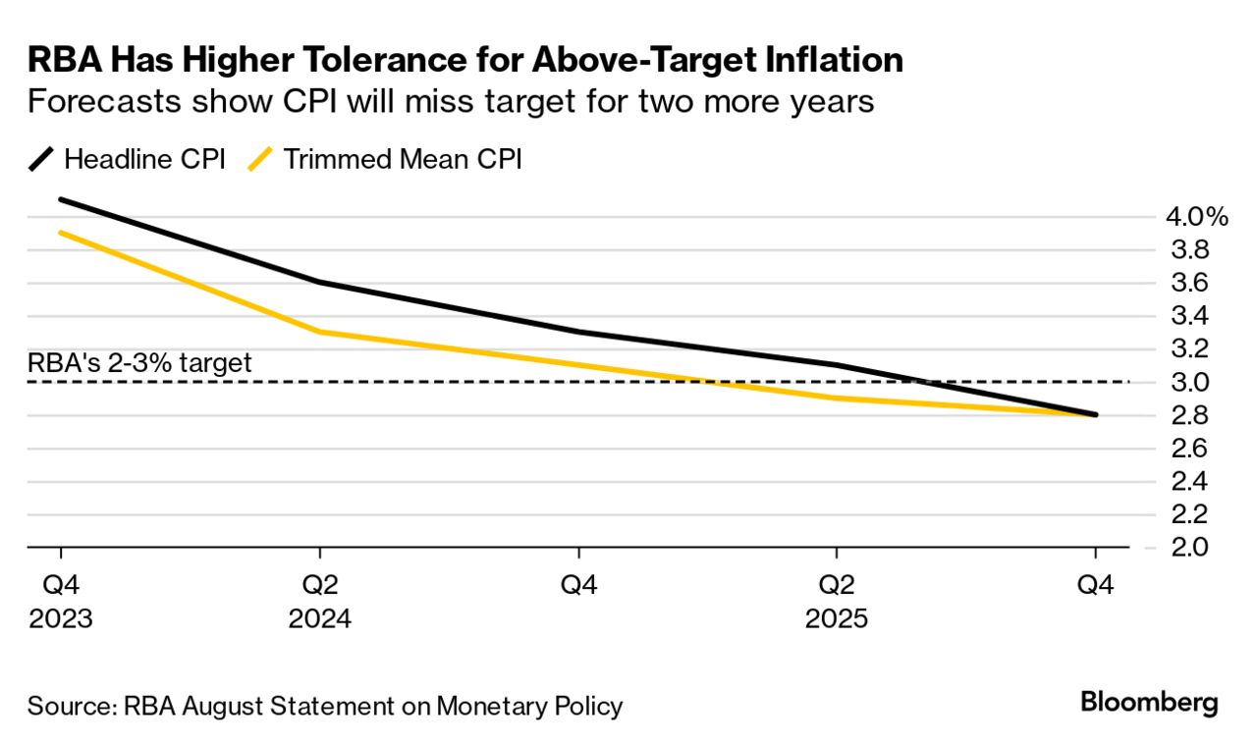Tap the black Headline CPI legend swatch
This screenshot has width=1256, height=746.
tap(41, 159)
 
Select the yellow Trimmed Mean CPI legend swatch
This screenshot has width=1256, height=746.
tap(260, 159)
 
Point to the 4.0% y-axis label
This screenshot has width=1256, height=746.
tap(1197, 217)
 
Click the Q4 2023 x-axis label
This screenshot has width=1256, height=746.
tap(60, 603)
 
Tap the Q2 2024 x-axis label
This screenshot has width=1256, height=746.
tap(319, 603)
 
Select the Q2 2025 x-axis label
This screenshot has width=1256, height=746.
tap(836, 603)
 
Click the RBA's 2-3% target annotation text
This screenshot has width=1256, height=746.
tap(139, 362)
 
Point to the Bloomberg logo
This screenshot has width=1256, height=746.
tap(1149, 703)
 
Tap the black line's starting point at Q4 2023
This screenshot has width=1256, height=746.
tap(61, 199)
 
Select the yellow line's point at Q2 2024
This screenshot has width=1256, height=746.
tap(320, 332)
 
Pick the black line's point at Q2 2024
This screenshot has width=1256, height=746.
tap(320, 283)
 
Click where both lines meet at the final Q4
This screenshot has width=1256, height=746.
tap(1095, 415)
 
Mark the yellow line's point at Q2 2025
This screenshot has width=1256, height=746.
tap(837, 398)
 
